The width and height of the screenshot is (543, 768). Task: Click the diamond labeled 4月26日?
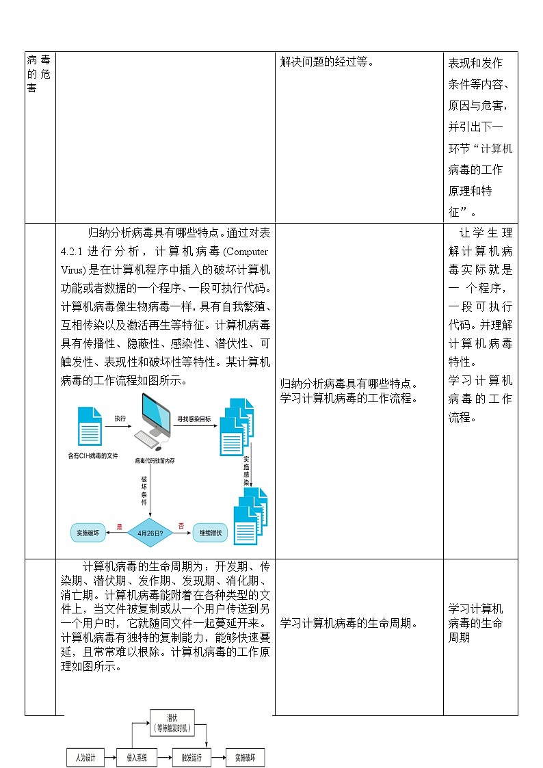point(150,532)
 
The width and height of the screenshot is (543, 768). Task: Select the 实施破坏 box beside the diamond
point(88,532)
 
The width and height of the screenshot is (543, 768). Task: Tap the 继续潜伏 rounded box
point(211,532)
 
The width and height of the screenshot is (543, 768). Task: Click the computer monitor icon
point(155,414)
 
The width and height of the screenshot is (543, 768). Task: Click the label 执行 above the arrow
point(120,418)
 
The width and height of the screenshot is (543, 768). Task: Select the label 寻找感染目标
point(194,418)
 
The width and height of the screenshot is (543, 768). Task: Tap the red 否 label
point(181,526)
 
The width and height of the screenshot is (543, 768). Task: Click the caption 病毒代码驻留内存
point(155,461)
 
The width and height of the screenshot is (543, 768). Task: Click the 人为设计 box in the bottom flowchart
point(85,758)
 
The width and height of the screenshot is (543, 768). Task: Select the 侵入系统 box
point(137,758)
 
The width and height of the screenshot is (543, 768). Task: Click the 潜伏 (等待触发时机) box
point(172,724)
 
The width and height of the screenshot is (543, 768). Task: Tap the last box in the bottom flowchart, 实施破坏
point(245,758)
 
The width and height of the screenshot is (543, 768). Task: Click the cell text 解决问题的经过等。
point(328,63)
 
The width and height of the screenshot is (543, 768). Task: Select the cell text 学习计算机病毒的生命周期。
point(349,623)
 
